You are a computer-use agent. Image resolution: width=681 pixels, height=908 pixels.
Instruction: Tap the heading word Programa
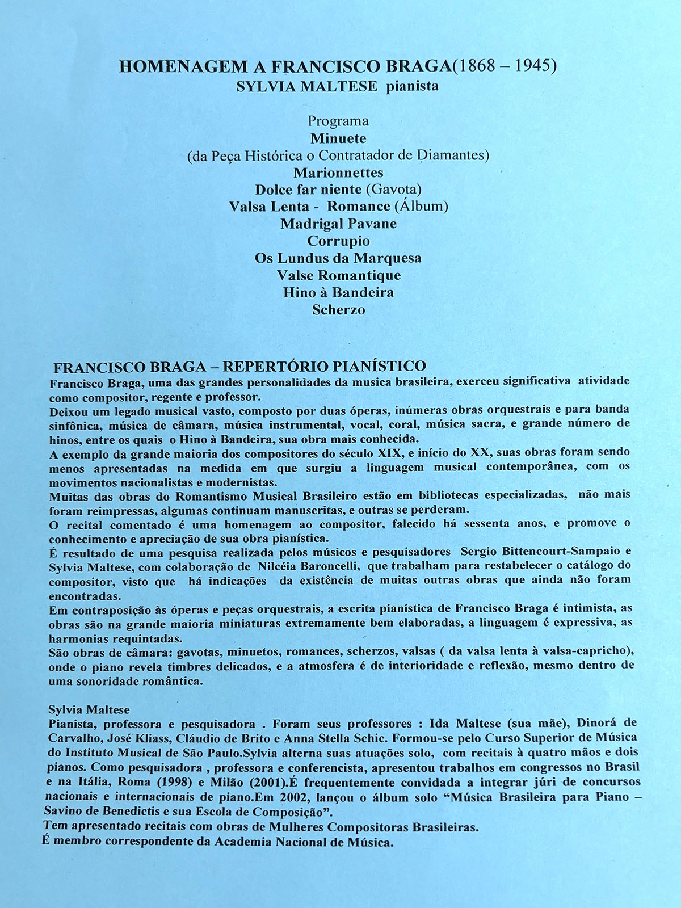338,121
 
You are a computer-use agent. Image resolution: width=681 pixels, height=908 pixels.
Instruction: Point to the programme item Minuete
338,138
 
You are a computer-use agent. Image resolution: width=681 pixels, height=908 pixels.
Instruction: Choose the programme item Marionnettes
338,173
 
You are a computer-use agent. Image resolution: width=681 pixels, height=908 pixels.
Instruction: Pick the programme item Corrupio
338,241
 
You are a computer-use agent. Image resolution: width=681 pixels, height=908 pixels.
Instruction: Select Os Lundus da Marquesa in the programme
338,258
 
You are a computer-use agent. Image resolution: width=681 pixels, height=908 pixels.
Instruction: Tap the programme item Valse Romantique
339,275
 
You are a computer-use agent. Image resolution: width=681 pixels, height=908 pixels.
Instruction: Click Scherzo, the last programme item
339,310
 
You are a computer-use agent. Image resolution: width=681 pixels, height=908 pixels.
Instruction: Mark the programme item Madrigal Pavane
338,224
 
